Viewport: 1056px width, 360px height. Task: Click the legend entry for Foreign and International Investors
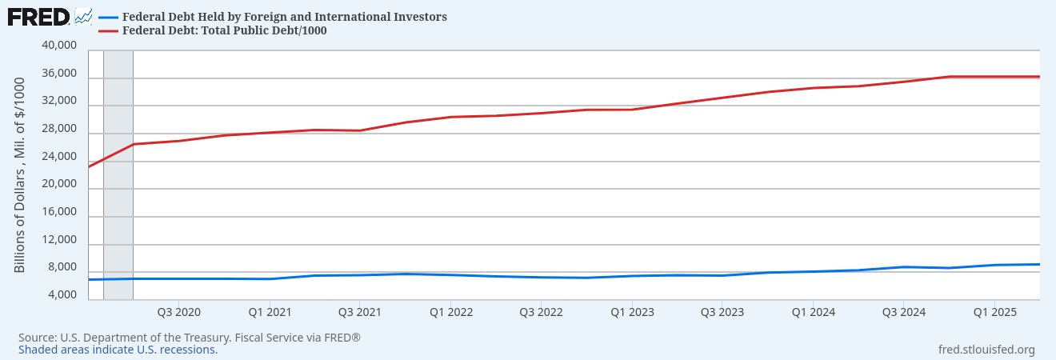284,17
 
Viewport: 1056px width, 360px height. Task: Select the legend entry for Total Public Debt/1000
224,30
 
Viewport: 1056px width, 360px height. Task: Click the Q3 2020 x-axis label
178,311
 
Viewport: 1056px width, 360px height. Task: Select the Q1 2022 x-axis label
450,311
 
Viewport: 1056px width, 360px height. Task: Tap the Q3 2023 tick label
722,311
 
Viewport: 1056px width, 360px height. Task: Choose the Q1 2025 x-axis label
994,311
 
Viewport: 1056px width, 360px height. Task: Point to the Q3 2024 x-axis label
903,311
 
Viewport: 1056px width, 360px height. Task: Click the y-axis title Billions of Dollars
20,174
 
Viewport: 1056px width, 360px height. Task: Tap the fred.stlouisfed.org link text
986,350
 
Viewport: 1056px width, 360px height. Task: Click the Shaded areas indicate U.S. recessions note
118,350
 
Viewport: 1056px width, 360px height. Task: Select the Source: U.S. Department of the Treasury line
190,338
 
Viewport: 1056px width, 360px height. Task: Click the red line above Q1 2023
632,110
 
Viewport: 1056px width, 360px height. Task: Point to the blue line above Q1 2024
813,271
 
